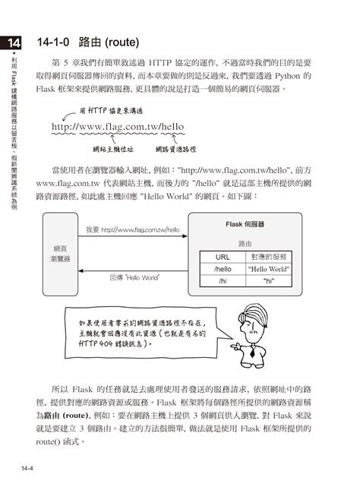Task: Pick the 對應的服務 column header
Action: (268, 256)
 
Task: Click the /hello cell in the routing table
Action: (223, 268)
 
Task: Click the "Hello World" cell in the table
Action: (268, 268)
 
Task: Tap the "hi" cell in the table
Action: (268, 280)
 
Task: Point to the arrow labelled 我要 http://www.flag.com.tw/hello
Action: (133, 235)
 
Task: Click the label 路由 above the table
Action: (245, 243)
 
